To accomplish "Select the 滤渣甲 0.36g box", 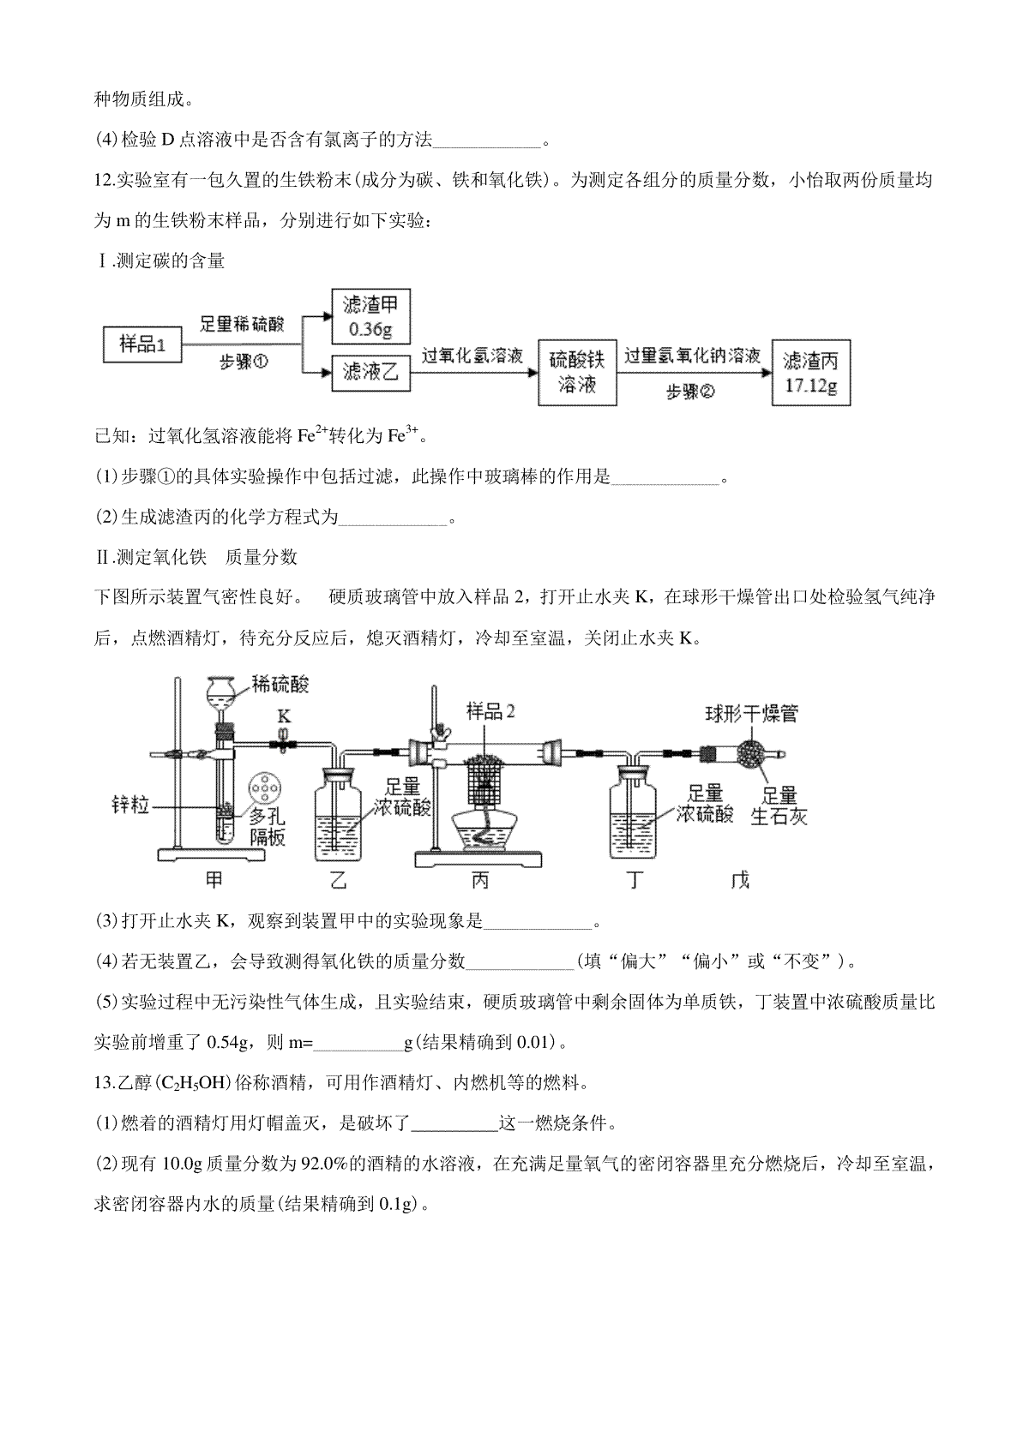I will click(x=370, y=316).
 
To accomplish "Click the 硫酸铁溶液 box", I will click(x=577, y=372).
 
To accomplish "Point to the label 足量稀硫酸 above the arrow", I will click(x=242, y=324).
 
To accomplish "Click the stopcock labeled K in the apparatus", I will click(x=283, y=744).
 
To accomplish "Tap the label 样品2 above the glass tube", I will click(x=491, y=710).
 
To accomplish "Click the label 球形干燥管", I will click(x=751, y=713).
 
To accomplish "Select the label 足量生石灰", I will click(x=779, y=806).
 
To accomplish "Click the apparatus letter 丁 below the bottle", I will click(x=634, y=879).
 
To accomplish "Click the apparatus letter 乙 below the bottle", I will click(x=340, y=879).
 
